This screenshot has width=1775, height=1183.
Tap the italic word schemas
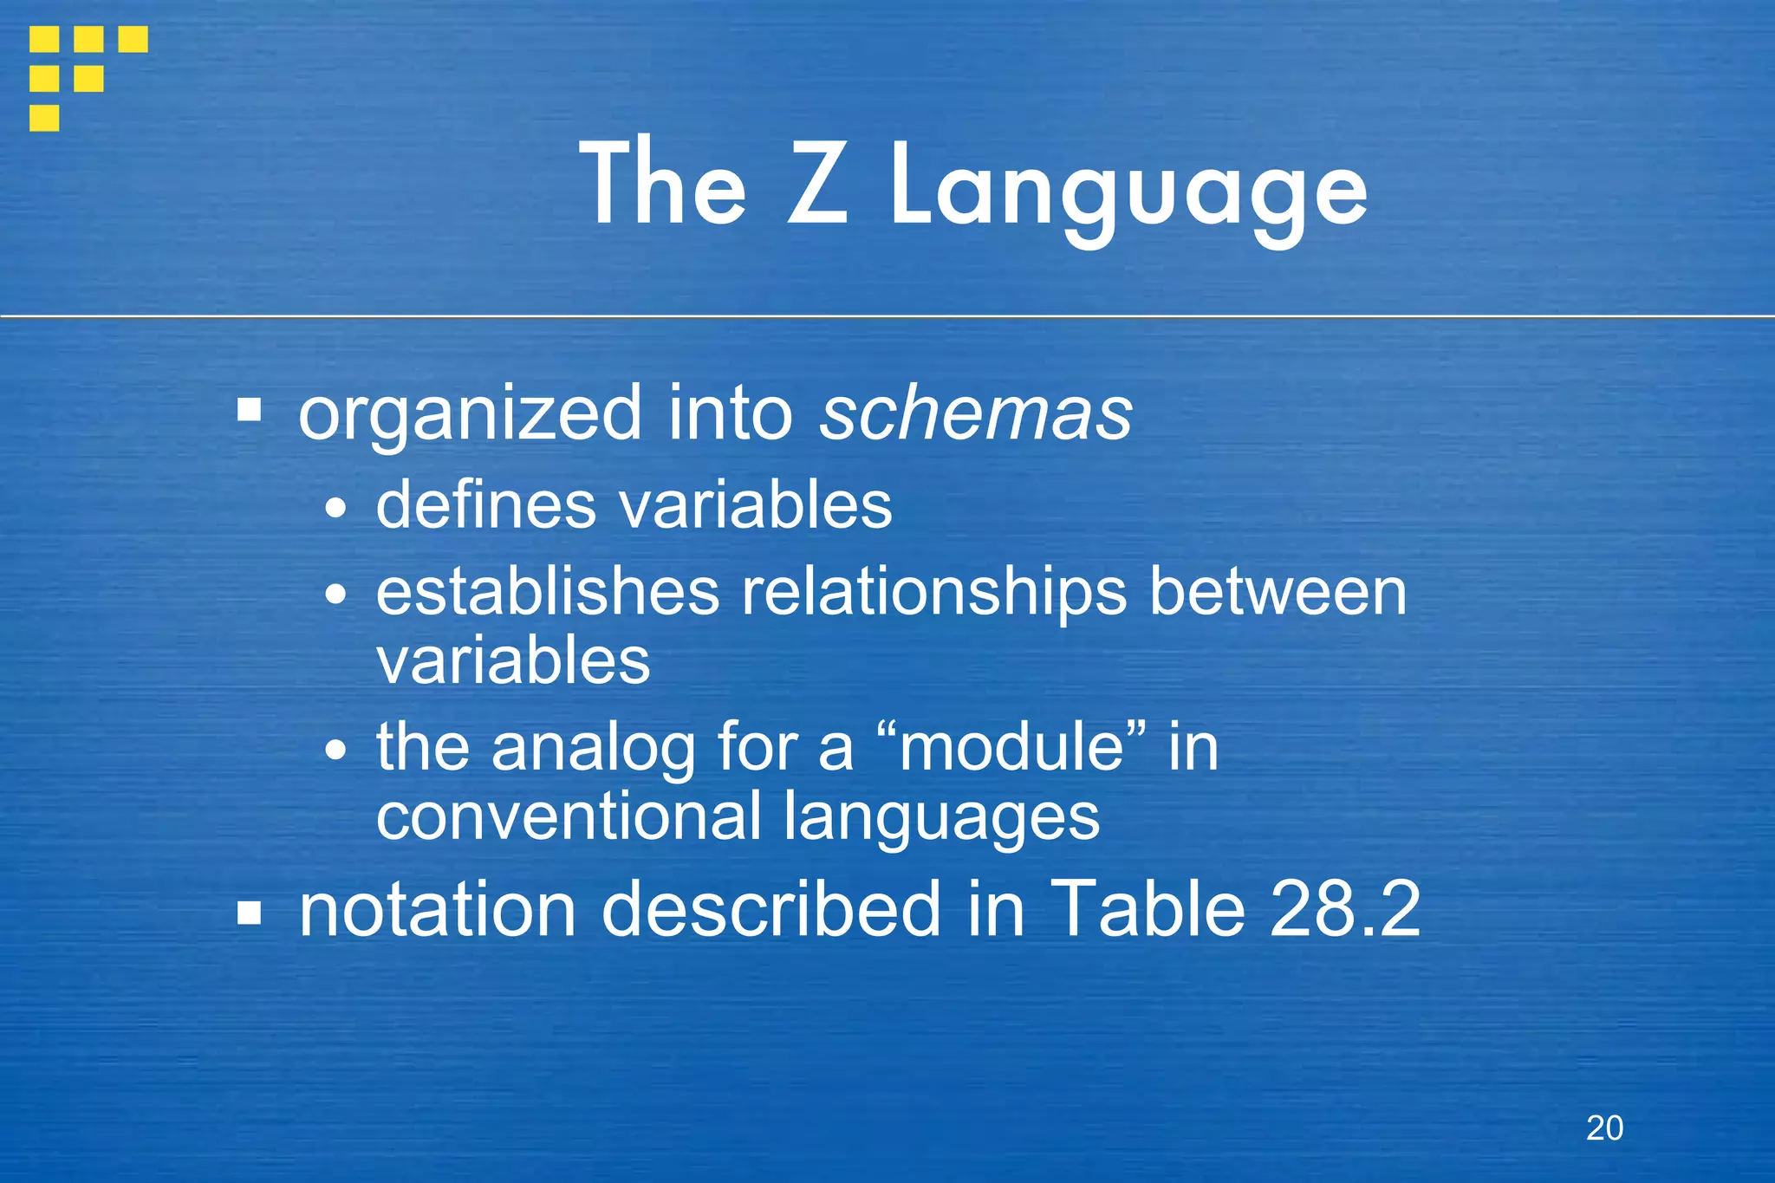click(976, 413)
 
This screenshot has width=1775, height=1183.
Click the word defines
click(485, 504)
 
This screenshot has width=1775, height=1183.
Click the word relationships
click(933, 594)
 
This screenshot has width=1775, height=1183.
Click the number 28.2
click(1344, 908)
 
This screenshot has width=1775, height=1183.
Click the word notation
click(437, 908)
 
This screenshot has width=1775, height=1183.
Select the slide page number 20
click(1604, 1128)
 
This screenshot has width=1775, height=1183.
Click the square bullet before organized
click(250, 410)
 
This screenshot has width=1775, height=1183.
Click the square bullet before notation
click(250, 913)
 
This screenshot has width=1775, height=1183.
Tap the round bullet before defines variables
click(335, 510)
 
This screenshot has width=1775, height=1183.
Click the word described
click(770, 908)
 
